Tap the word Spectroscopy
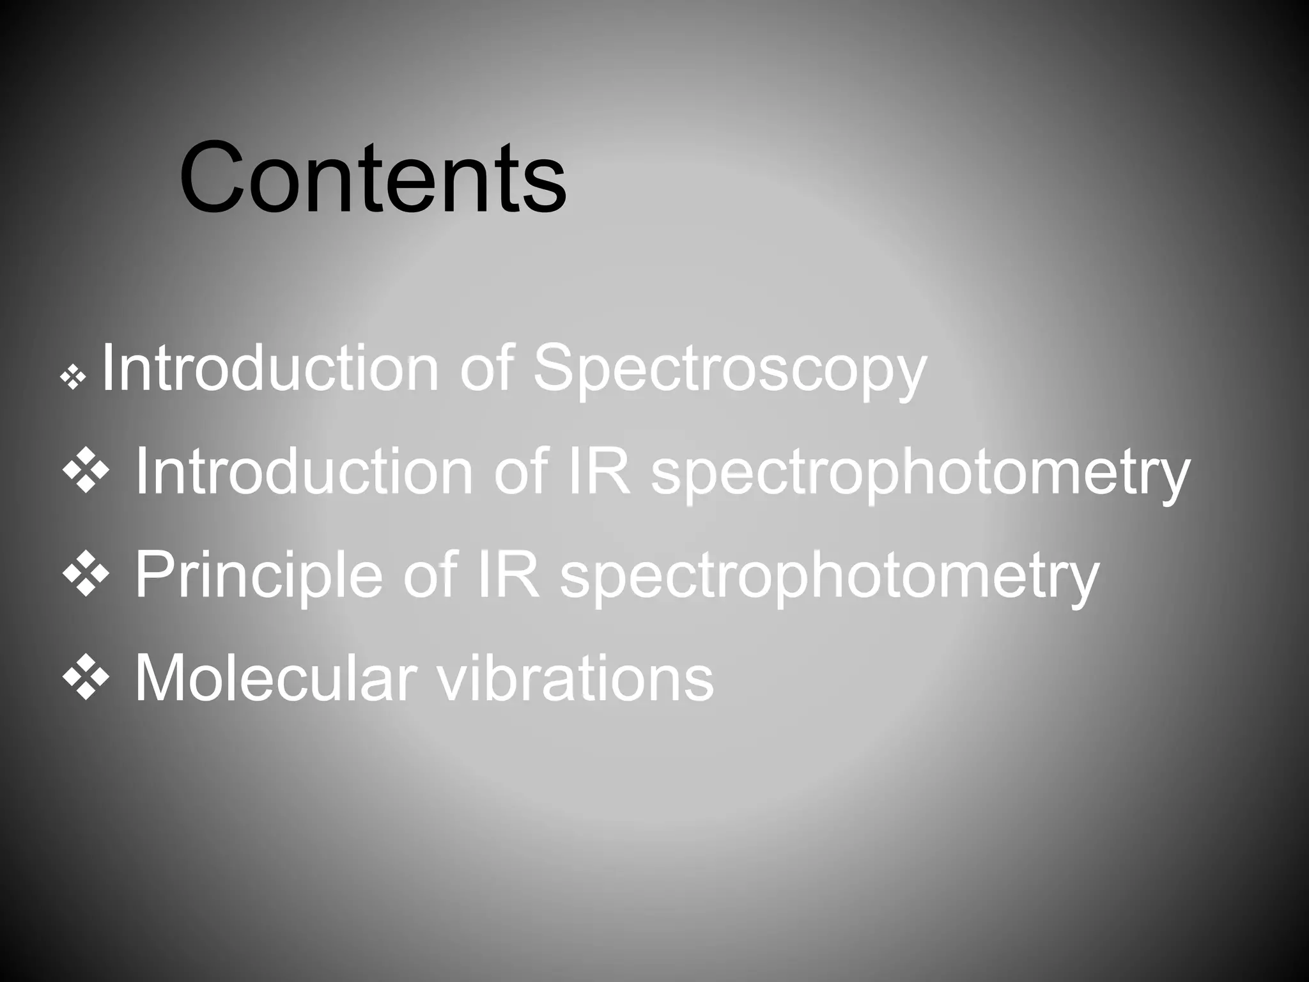coord(729,369)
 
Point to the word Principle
coord(259,575)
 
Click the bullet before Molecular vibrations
coord(85,678)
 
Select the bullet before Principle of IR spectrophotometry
coord(85,575)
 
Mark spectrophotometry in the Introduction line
coord(920,473)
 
